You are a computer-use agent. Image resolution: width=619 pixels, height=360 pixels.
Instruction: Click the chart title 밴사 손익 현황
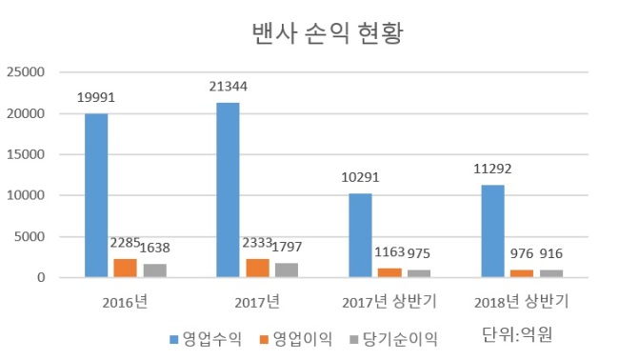pyautogui.click(x=328, y=33)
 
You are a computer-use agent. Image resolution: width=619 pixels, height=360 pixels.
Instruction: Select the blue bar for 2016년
pyautogui.click(x=96, y=195)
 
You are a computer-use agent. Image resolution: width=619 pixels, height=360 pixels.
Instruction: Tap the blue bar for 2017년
pyautogui.click(x=229, y=190)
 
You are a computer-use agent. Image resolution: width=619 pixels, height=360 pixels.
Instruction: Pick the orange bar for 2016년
pyautogui.click(x=126, y=268)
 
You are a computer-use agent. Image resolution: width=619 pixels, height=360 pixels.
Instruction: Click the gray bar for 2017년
pyautogui.click(x=287, y=270)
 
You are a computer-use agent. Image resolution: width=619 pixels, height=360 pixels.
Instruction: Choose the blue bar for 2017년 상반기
pyautogui.click(x=360, y=235)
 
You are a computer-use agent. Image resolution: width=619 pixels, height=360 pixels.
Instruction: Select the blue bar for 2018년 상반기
pyautogui.click(x=492, y=231)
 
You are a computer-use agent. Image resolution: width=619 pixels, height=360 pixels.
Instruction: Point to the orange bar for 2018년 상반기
pyautogui.click(x=522, y=273)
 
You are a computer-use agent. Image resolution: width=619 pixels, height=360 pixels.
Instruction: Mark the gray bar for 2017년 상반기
pyautogui.click(x=419, y=273)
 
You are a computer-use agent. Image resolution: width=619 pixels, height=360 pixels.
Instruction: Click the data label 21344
pyautogui.click(x=229, y=87)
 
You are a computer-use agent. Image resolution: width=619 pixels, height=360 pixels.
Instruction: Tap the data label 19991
pyautogui.click(x=96, y=97)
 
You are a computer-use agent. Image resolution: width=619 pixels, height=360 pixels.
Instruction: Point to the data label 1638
pyautogui.click(x=155, y=248)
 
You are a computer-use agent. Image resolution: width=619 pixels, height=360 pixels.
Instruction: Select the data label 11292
pyautogui.click(x=492, y=169)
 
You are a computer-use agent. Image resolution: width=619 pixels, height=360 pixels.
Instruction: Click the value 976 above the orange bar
pyautogui.click(x=522, y=253)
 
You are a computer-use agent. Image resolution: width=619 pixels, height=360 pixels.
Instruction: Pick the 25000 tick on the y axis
pyautogui.click(x=26, y=72)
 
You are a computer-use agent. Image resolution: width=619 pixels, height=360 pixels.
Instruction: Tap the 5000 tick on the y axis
pyautogui.click(x=30, y=237)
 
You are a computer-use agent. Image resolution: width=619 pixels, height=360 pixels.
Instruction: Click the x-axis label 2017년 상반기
pyautogui.click(x=389, y=302)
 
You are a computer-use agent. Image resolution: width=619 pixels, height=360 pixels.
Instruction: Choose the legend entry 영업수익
pyautogui.click(x=206, y=339)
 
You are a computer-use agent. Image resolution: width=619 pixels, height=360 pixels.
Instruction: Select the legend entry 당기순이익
pyautogui.click(x=394, y=339)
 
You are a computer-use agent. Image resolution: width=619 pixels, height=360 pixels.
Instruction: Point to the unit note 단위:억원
pyautogui.click(x=517, y=334)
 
